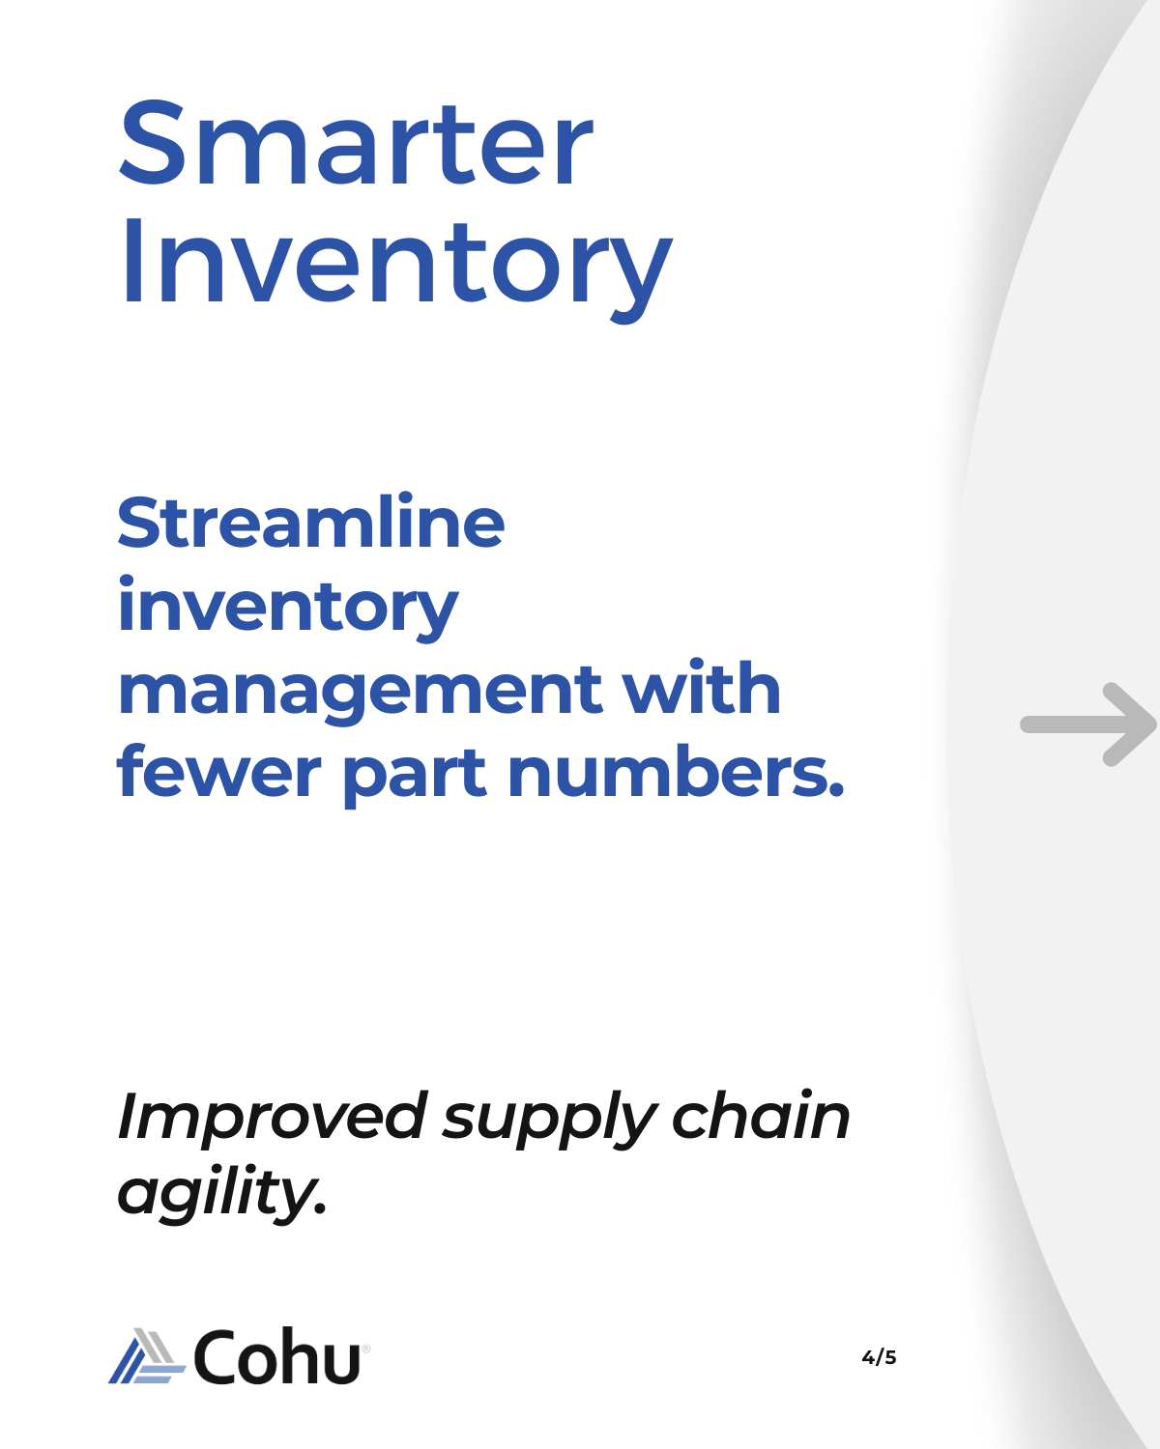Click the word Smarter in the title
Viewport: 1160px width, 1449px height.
[356, 143]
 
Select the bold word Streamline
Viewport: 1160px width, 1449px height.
[310, 520]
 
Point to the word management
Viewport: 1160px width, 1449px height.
[361, 693]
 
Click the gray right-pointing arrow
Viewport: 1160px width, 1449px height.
[1087, 724]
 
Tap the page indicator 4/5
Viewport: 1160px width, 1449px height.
[879, 1357]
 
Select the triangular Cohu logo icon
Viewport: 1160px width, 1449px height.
[147, 1356]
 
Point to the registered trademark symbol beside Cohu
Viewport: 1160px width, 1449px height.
[366, 1349]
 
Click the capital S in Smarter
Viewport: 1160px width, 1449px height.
[152, 143]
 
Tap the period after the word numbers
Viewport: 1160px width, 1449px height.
[836, 790]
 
